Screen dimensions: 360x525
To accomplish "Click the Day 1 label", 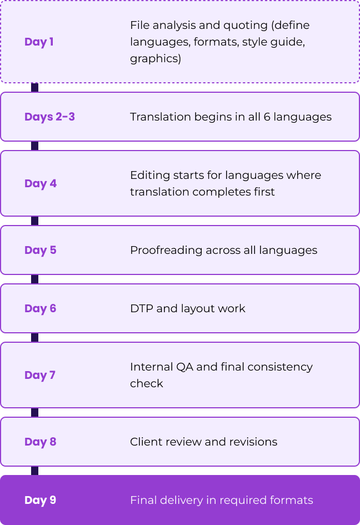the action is coord(39,42).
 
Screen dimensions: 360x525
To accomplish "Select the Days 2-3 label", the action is coord(49,117).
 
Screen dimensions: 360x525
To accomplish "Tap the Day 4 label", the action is coord(41,183).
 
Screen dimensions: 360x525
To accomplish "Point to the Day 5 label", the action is coord(40,250).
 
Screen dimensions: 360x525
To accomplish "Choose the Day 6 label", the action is coord(40,308).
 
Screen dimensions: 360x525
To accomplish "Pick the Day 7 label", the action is coord(40,375).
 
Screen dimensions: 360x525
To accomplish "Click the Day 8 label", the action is coord(40,442).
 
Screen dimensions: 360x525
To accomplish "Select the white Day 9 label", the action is coord(40,500).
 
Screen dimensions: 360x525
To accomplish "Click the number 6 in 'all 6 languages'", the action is coord(267,117).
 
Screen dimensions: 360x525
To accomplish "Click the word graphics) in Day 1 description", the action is coord(156,59).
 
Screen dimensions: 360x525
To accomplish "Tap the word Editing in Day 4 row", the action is coord(148,176).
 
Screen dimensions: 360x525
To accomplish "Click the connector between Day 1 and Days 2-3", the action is coord(35,87).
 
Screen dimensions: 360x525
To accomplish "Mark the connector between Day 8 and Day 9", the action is coord(35,471).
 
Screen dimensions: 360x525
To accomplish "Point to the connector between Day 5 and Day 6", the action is coord(35,279).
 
